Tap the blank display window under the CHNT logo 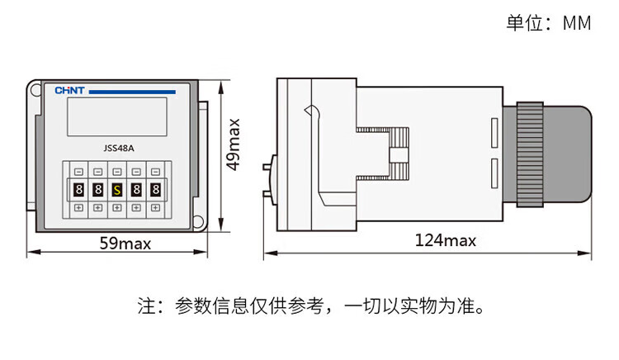pyautogui.click(x=116, y=117)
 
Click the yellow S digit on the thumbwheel pyautogui.click(x=116, y=190)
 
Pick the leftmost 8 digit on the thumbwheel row pyautogui.click(x=78, y=190)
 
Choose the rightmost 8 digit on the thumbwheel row pyautogui.click(x=154, y=190)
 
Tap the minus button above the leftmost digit pyautogui.click(x=78, y=172)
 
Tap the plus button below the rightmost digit pyautogui.click(x=154, y=207)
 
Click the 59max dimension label pyautogui.click(x=125, y=244)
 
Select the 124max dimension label pyautogui.click(x=446, y=240)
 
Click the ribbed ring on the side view pyautogui.click(x=529, y=157)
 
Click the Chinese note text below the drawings pyautogui.click(x=309, y=307)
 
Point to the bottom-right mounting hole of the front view pyautogui.click(x=199, y=220)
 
